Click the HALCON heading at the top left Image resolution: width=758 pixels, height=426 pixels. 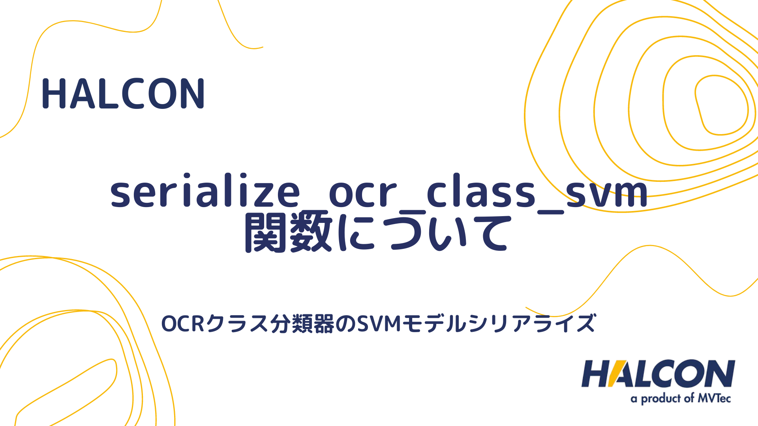(123, 94)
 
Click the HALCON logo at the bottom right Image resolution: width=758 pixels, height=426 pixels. (658, 374)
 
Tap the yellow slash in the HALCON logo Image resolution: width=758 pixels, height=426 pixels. (618, 374)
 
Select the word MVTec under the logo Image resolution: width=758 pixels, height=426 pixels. (714, 398)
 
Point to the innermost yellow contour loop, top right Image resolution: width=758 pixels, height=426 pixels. (721, 105)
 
